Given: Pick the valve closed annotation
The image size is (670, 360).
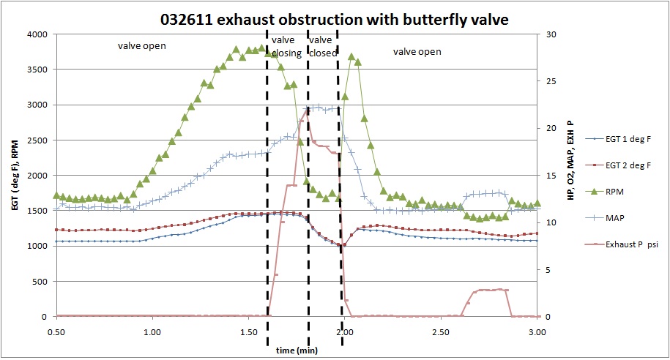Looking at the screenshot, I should (322, 47).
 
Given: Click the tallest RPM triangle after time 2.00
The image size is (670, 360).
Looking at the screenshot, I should (351, 56).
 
